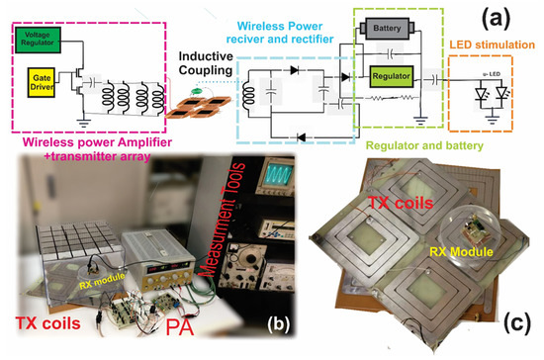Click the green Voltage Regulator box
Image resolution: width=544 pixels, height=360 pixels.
(x=39, y=36)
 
